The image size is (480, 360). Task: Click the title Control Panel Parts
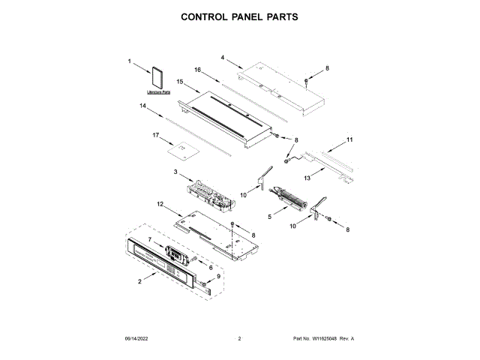(x=239, y=16)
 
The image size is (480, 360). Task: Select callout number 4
(x=223, y=57)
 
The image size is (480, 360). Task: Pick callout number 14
(x=142, y=106)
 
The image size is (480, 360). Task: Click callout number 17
(x=156, y=136)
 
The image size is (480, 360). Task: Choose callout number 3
(x=175, y=172)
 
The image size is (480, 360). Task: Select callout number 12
(x=160, y=204)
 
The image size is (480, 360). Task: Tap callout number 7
(x=150, y=239)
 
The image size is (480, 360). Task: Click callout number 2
(x=140, y=282)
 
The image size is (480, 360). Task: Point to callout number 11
(x=349, y=139)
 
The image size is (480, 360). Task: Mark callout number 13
(x=307, y=178)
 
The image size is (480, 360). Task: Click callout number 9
(x=219, y=277)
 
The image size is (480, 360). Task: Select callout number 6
(x=211, y=267)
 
